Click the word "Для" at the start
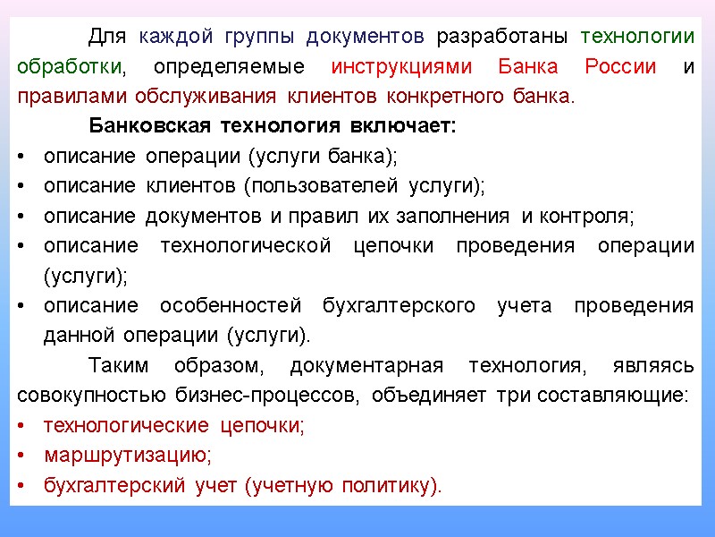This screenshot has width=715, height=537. click(x=107, y=37)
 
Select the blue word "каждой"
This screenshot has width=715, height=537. click(x=176, y=37)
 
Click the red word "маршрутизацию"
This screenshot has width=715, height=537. click(x=128, y=456)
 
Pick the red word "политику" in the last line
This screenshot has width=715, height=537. click(x=387, y=486)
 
